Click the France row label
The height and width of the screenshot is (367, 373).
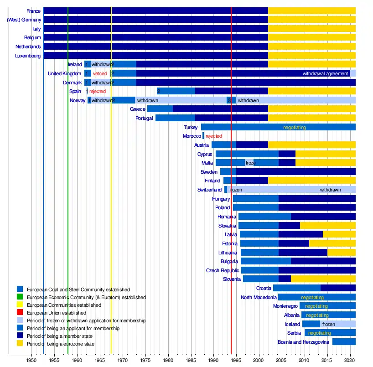(x=34, y=10)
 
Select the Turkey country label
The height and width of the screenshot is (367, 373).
(x=191, y=127)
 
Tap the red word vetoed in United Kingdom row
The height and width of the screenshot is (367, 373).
(x=100, y=73)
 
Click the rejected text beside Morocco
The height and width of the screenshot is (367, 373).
(x=214, y=136)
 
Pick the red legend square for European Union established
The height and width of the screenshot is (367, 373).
(x=20, y=313)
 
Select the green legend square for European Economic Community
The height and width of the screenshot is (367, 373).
(x=20, y=297)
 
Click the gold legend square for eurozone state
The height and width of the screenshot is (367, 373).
(x=20, y=343)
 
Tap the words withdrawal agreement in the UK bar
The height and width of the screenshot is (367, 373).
(x=325, y=73)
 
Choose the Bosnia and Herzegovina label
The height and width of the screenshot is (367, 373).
(x=303, y=342)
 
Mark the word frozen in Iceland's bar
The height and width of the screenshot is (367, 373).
(x=328, y=324)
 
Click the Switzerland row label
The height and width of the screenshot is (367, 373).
(x=209, y=190)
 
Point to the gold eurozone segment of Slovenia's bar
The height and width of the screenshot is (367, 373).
(x=323, y=279)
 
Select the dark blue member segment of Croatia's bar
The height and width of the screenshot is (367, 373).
(x=338, y=288)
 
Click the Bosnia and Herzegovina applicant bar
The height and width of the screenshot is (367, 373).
(x=344, y=342)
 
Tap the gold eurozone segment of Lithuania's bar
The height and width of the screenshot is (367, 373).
(x=341, y=252)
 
